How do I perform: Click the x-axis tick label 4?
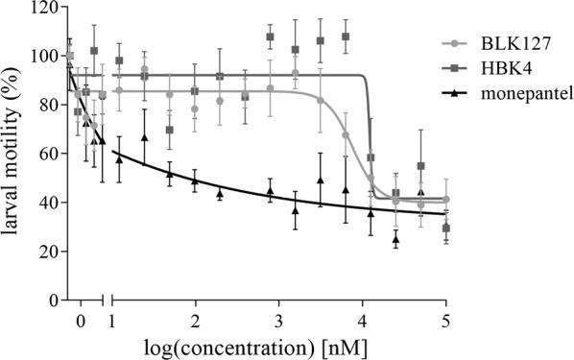pos(363,318)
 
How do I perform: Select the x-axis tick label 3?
pos(279,318)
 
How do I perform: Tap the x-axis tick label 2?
pos(196,318)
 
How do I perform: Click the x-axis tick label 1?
pos(112,318)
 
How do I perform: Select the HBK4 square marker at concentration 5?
pos(445,228)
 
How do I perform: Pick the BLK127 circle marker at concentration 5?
pos(445,200)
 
